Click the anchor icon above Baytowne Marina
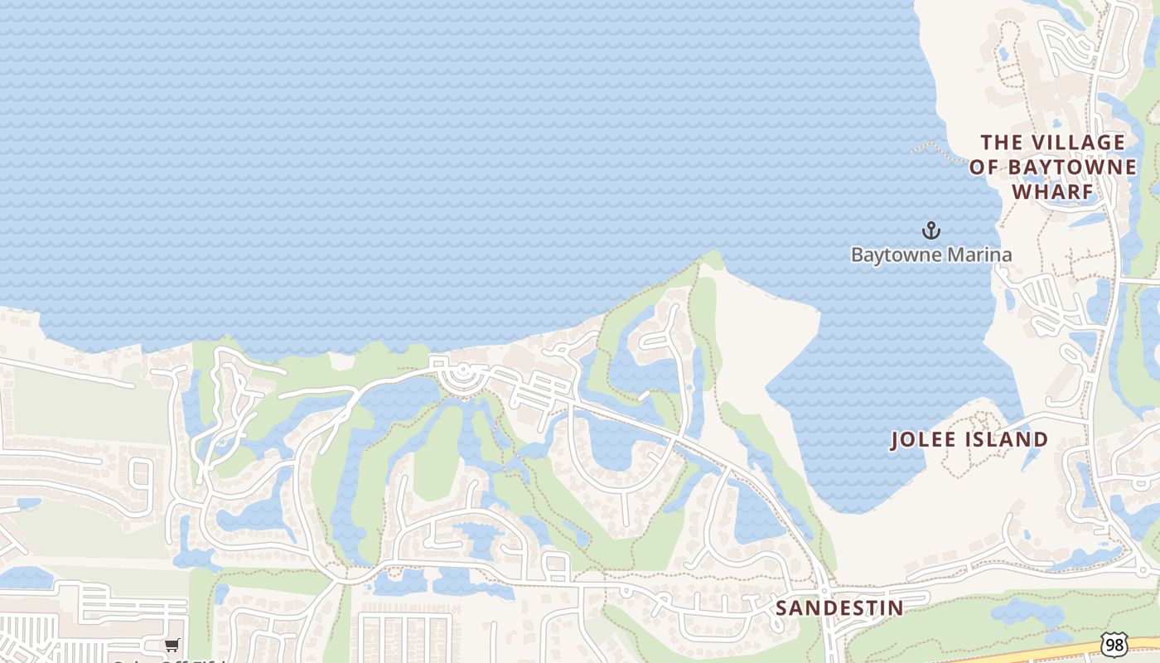(930, 230)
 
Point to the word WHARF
(1053, 191)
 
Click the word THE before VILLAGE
(1002, 143)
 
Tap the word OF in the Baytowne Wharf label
(984, 167)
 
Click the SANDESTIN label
(839, 607)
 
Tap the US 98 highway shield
(1115, 644)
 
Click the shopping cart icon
(172, 645)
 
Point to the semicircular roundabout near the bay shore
(462, 377)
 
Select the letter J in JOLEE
(896, 440)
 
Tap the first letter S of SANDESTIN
(781, 608)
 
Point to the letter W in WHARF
(1021, 191)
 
